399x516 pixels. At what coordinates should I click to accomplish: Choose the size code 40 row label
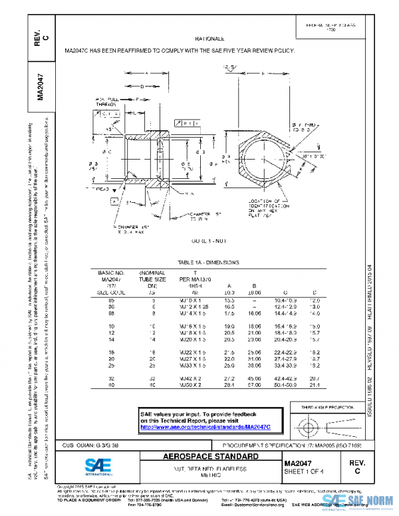tap(112, 385)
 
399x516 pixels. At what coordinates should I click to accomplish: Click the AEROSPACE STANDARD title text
tap(211, 457)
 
